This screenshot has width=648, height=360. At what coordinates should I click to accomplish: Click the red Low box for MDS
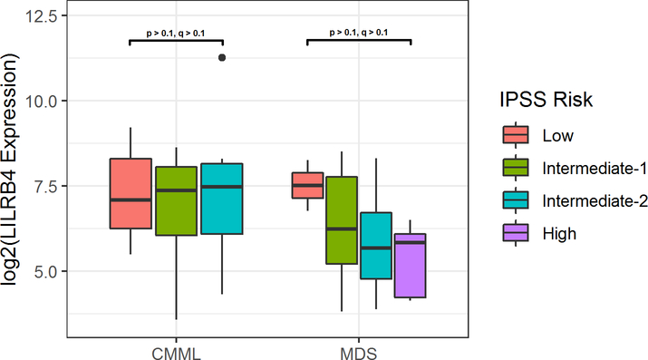point(306,185)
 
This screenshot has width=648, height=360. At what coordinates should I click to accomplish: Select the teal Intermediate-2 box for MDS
point(376,246)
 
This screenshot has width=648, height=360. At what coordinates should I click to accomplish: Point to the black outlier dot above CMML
point(222,57)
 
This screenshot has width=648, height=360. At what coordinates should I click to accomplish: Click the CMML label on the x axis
point(176,350)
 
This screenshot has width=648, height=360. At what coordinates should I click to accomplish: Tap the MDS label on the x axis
point(359,350)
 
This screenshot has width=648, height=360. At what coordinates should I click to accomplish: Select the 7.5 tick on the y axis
point(45,186)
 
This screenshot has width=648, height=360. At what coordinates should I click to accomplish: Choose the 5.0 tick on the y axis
point(45,271)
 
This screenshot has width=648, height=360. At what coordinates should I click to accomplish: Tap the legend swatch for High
point(515,233)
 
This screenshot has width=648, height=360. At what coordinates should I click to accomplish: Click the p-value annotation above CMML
point(176,34)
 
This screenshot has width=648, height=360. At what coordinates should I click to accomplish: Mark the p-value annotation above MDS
point(359,33)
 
